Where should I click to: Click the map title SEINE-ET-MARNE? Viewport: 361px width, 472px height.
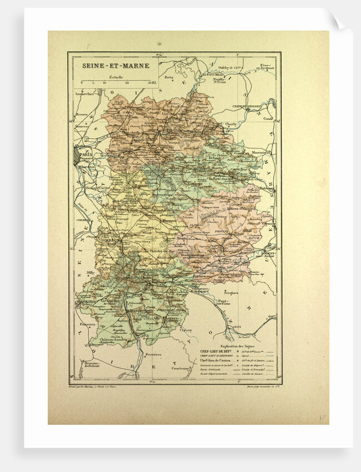pyautogui.click(x=109, y=65)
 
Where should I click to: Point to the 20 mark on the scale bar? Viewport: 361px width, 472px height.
pyautogui.click(x=127, y=82)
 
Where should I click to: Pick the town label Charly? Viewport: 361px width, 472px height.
pyautogui.click(x=231, y=124)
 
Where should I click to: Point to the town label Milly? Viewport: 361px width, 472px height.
pyautogui.click(x=83, y=273)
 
